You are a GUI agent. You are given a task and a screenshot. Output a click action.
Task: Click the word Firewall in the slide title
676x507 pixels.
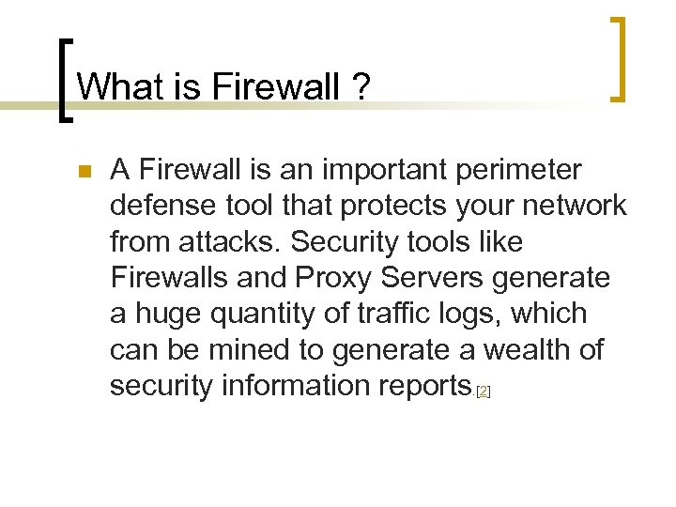pyautogui.click(x=272, y=87)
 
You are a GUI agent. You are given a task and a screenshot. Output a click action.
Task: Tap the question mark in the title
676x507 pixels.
pyautogui.click(x=360, y=87)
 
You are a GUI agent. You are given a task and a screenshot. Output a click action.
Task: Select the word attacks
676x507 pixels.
pyautogui.click(x=226, y=241)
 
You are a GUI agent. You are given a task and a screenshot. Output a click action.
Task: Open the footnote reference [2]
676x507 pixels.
pyautogui.click(x=484, y=391)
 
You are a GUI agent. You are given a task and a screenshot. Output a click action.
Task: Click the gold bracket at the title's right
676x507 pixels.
pyautogui.click(x=618, y=58)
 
